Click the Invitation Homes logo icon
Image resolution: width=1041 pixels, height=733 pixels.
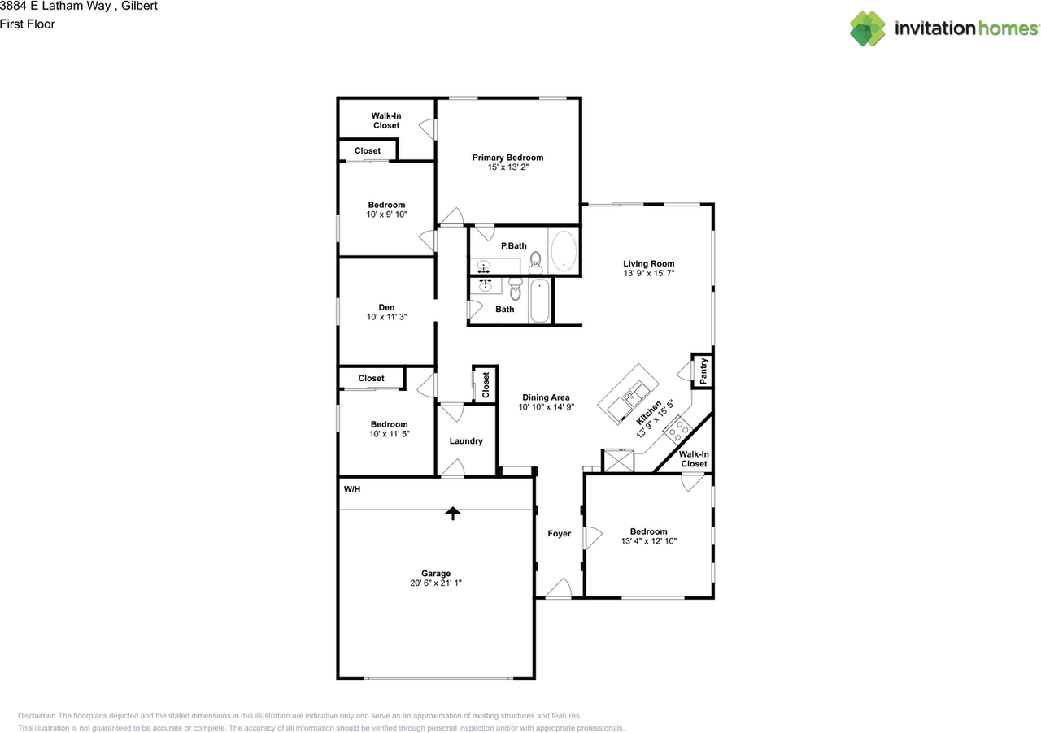868,28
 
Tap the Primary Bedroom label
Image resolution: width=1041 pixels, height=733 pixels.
507,158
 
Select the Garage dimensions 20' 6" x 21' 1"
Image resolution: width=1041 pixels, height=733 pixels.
436,583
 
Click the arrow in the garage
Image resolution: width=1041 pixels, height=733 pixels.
452,512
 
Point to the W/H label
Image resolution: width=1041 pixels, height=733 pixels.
351,489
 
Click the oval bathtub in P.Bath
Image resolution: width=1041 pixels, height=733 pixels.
564,251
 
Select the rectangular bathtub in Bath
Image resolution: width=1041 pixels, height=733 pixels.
540,301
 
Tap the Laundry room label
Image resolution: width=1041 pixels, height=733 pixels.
466,441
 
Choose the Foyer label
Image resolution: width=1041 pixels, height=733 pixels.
559,534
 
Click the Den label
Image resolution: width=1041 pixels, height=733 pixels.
386,307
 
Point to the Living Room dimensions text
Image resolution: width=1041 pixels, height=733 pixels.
648,274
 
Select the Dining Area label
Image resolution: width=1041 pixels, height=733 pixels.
546,397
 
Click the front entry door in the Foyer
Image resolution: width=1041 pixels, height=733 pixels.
558,591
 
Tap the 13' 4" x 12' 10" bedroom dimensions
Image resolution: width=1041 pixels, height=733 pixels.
648,541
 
